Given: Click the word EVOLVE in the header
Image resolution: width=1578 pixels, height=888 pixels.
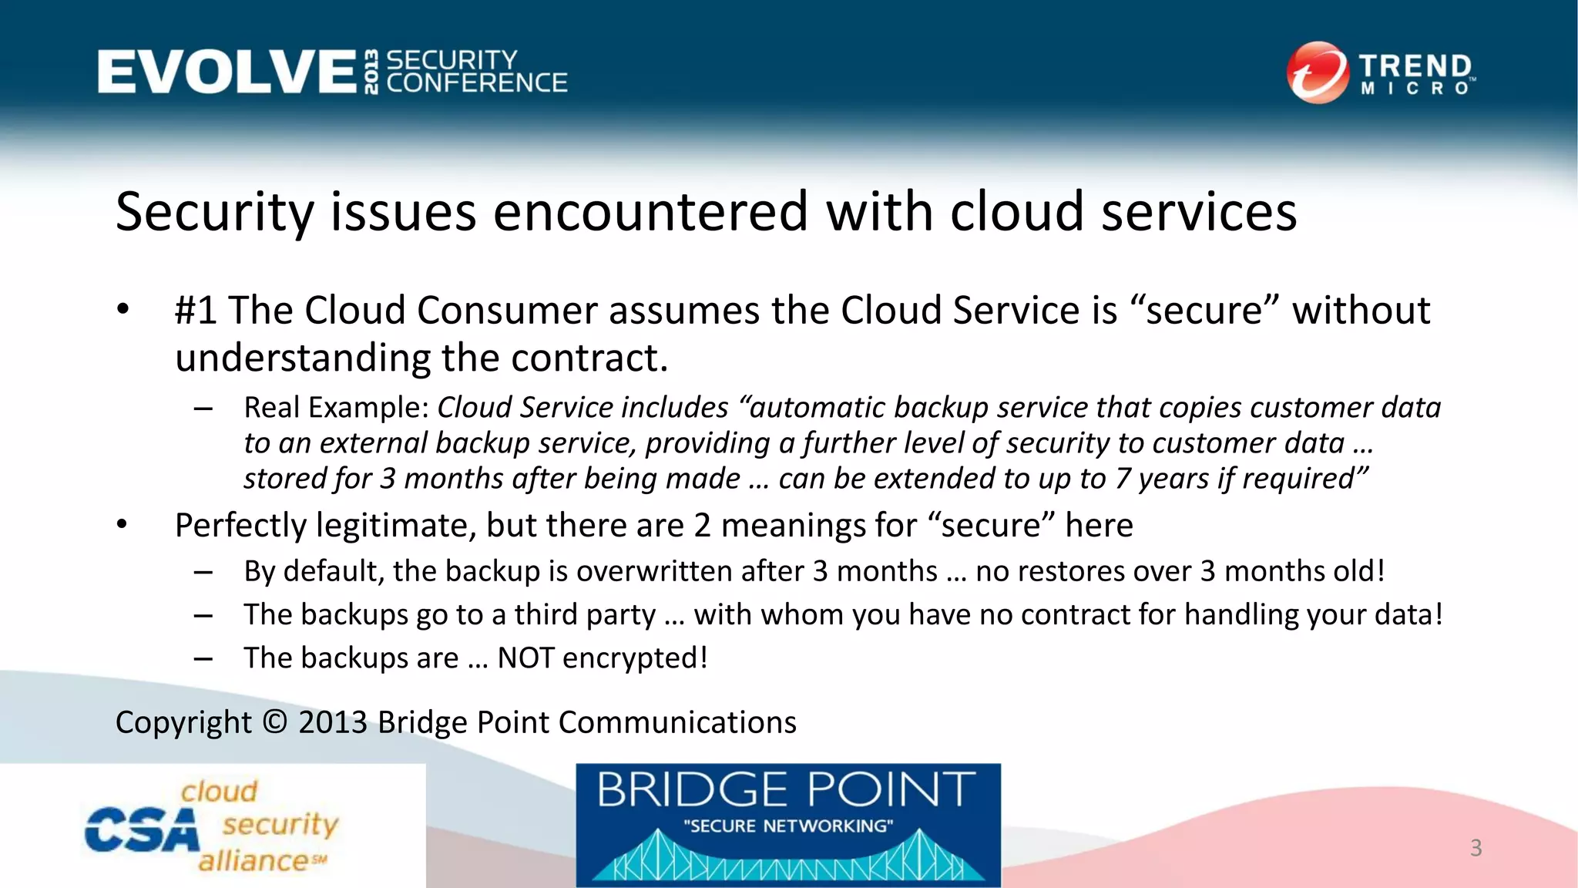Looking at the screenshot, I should (227, 72).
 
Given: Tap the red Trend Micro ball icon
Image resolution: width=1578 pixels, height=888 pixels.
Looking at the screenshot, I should (1318, 72).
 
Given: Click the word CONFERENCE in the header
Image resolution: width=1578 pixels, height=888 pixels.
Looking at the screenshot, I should (477, 83).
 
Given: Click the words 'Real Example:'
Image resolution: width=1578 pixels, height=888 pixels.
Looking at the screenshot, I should (336, 408).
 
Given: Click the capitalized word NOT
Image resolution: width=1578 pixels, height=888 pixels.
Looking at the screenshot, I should (525, 658).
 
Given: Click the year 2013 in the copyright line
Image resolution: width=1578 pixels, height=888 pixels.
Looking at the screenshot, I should (333, 722).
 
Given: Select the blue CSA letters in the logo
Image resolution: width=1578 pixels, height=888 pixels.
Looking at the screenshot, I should (142, 830).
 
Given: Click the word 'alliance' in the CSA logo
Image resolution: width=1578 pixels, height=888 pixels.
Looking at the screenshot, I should (253, 860).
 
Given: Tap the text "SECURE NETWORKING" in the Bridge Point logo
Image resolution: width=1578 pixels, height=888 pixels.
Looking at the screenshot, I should (788, 826).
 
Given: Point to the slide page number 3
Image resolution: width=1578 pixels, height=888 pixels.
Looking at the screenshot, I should (1476, 848).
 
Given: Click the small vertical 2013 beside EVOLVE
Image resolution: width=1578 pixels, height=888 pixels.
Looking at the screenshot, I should (372, 72).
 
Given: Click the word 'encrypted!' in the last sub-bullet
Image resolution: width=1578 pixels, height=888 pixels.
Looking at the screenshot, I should (635, 658).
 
